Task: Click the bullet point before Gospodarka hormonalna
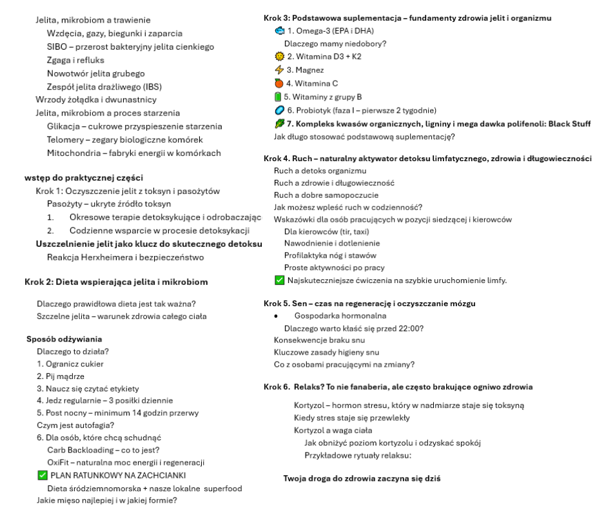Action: [x=276, y=316]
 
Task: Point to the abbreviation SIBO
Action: [x=57, y=47]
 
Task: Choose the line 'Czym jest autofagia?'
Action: [x=76, y=425]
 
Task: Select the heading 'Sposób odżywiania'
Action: [x=64, y=338]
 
